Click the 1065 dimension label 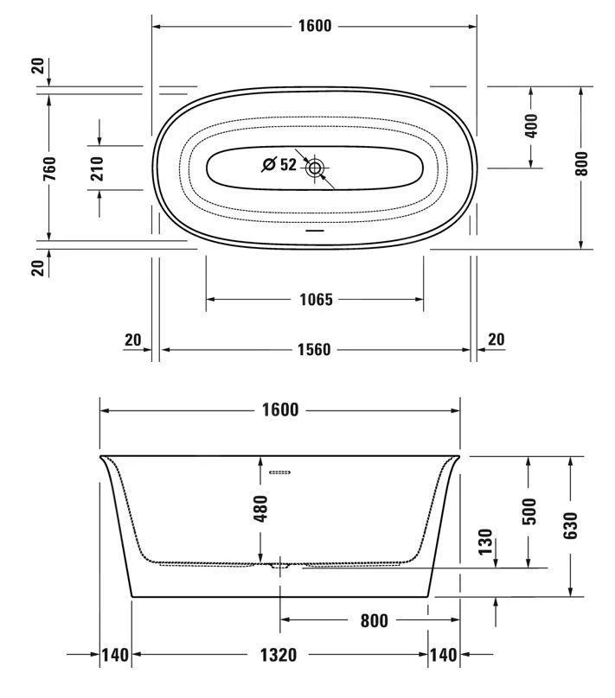[316, 300]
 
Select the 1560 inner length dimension [314, 350]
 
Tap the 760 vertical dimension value [50, 168]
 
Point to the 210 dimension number [97, 168]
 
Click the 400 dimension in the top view [531, 126]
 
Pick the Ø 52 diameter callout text [279, 164]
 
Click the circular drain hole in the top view [315, 168]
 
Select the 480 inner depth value [260, 509]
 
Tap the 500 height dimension [529, 511]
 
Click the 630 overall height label [570, 525]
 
